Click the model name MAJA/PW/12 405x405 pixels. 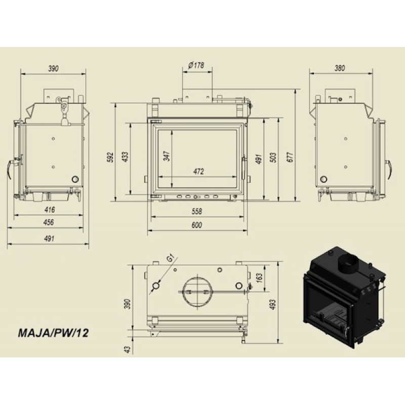pyautogui.click(x=53, y=333)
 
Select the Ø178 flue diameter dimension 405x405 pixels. pyautogui.click(x=196, y=65)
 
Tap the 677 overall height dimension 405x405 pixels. pyautogui.click(x=290, y=157)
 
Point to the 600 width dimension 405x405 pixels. pyautogui.click(x=197, y=225)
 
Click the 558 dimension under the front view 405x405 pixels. pyautogui.click(x=197, y=211)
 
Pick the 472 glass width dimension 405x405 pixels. pyautogui.click(x=198, y=172)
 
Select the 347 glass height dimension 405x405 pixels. pyautogui.click(x=167, y=156)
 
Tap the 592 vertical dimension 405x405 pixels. pyautogui.click(x=110, y=157)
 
